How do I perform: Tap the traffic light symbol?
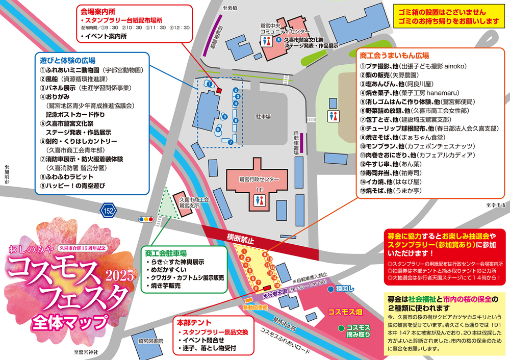click(146, 219)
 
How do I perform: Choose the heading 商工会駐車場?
click(165, 252)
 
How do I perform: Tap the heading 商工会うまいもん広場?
click(394, 55)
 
